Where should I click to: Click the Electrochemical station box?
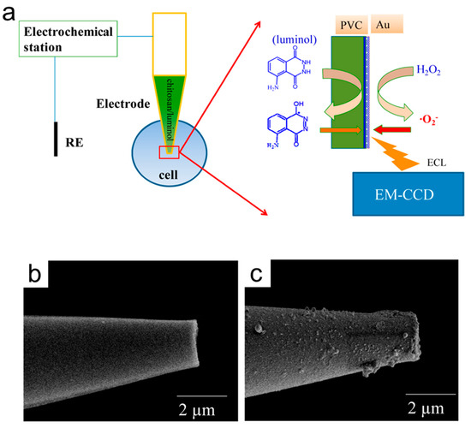64,40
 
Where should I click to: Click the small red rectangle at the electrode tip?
170,152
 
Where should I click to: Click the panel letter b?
37,276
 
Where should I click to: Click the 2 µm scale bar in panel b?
203,396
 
